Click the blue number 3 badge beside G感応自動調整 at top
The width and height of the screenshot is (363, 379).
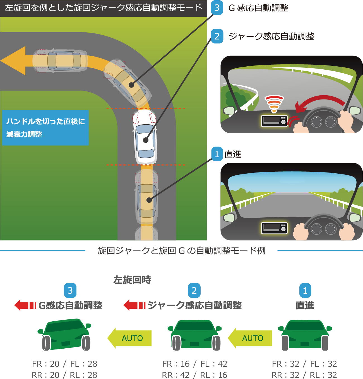coord(217,8)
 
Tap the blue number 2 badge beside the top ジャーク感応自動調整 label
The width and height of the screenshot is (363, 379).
coord(217,36)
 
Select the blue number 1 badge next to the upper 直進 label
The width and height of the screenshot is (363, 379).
coord(217,154)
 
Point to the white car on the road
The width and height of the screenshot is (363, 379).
coord(145,137)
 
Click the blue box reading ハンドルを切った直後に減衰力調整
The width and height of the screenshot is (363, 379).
coord(45,128)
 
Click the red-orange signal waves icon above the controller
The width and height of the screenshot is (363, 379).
coord(274,104)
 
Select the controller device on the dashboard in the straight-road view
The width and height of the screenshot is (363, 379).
coord(274,228)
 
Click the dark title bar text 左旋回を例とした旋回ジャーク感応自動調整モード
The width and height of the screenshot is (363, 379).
coord(103,8)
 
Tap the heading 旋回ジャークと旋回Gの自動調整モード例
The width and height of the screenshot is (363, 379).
coord(181,251)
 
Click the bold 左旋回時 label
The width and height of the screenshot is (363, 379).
coord(132,280)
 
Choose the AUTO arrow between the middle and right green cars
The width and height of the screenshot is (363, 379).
coord(250,338)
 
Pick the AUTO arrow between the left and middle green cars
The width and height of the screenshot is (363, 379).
coord(130,338)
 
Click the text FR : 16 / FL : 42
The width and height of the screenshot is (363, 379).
coord(195,364)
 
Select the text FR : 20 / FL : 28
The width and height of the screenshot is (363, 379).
coord(64,364)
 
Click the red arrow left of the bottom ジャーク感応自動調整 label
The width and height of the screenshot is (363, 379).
coord(134,305)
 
